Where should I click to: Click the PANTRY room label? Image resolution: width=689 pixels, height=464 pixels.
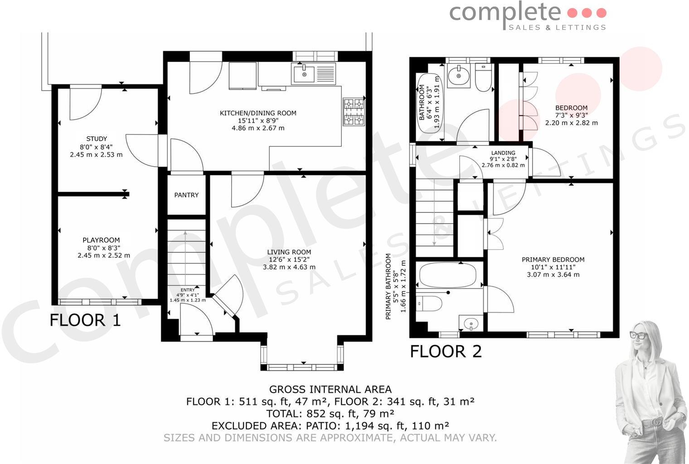[186, 195]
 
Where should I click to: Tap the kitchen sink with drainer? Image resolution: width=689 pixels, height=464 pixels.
[313, 74]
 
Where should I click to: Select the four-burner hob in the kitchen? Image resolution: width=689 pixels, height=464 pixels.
[354, 111]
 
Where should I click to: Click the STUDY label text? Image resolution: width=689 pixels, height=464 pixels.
[97, 139]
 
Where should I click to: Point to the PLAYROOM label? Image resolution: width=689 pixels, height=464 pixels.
[101, 240]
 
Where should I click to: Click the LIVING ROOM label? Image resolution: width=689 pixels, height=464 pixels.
[289, 252]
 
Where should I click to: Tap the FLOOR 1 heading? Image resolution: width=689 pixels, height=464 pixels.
[85, 320]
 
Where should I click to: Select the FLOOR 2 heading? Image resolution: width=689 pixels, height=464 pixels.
[446, 352]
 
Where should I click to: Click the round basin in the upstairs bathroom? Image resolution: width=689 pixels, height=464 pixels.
[459, 75]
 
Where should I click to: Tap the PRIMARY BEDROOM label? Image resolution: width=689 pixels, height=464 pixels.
[553, 260]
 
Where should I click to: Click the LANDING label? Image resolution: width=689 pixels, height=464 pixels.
[503, 153]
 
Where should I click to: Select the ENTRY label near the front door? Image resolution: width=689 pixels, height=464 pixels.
[187, 290]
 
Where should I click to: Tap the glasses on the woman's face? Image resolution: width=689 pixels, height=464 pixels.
[640, 335]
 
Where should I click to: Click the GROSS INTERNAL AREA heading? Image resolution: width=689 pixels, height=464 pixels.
[330, 389]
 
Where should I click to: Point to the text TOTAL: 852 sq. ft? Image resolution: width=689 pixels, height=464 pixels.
[308, 414]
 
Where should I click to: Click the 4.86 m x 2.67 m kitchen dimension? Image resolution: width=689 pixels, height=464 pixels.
[258, 128]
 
